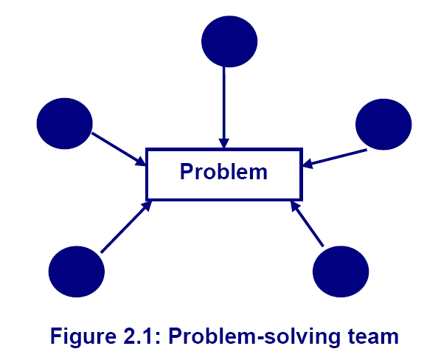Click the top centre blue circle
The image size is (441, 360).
229,41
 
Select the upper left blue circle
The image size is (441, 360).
64,123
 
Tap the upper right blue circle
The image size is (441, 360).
383,125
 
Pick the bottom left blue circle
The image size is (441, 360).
77,271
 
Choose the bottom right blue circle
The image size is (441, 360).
341,271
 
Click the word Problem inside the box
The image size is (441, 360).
223,172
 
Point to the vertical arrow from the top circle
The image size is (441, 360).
224,108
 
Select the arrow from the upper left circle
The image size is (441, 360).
119,149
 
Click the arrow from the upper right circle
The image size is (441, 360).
335,159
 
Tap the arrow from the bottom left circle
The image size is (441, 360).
126,226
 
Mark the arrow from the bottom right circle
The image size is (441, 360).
307,224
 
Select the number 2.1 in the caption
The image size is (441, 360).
142,336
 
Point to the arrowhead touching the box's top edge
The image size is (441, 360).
224,143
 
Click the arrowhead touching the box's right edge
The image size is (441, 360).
307,164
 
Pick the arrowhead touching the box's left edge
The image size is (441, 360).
141,162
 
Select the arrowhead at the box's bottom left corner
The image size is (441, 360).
147,206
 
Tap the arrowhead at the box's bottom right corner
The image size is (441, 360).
294,206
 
